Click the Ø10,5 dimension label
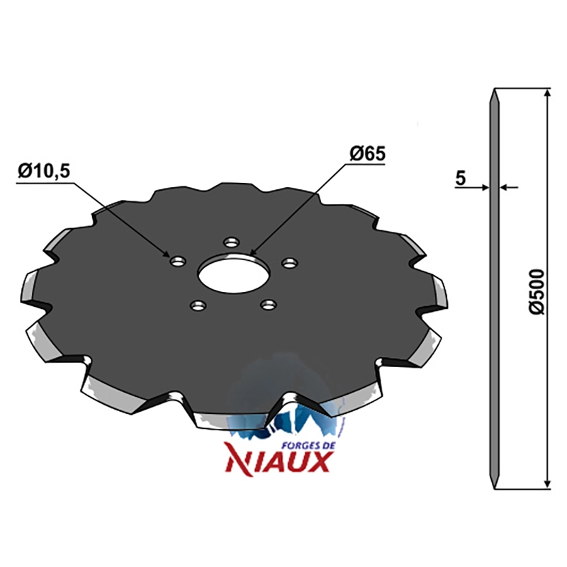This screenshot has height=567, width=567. [44, 171]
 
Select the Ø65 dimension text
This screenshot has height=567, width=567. [367, 155]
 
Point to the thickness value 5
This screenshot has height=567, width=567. [460, 179]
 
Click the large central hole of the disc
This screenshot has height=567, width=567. [234, 274]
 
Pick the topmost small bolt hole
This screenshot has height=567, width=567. [232, 242]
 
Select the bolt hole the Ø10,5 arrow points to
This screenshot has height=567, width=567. [178, 261]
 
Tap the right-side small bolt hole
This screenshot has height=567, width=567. [290, 263]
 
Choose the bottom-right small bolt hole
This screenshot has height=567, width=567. [269, 305]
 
